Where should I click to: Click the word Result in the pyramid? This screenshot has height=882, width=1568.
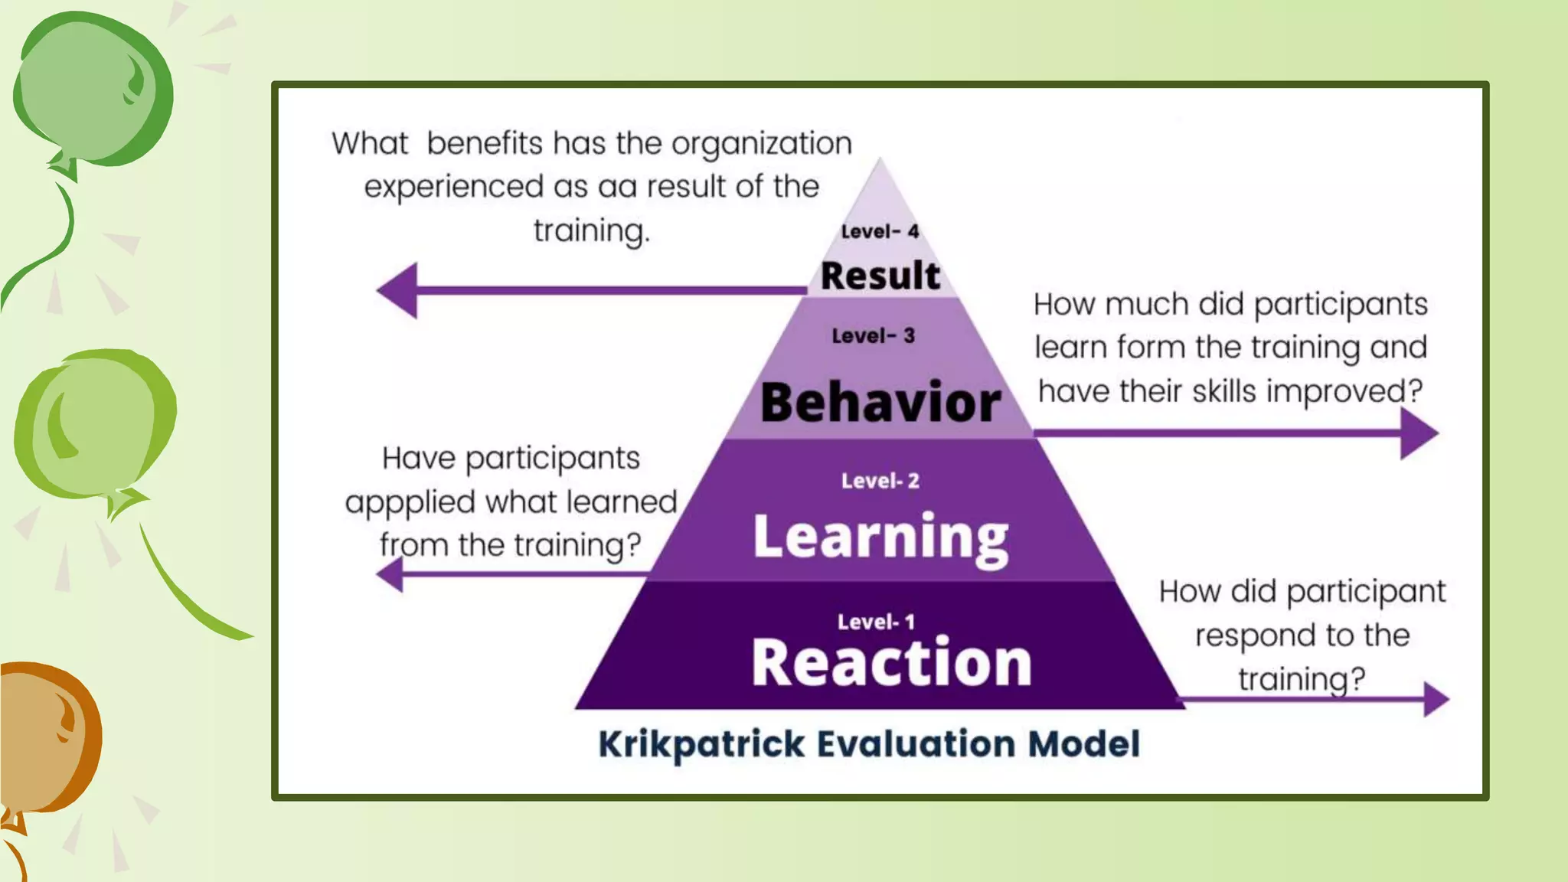click(880, 276)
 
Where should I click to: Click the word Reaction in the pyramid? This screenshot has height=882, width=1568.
click(891, 663)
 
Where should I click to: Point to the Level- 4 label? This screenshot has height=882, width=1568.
click(880, 231)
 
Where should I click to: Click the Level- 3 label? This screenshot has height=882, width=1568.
click(873, 335)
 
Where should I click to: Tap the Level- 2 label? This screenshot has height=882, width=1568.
click(880, 481)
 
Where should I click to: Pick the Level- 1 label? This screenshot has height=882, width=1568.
click(876, 622)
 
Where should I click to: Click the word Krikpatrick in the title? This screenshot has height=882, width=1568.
click(701, 744)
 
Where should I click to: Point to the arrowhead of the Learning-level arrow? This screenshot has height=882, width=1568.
click(390, 574)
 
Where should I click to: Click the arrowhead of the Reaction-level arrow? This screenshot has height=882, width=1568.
click(1436, 699)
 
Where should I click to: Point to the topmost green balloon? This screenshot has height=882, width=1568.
click(92, 88)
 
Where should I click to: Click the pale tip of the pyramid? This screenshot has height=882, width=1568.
click(880, 191)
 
